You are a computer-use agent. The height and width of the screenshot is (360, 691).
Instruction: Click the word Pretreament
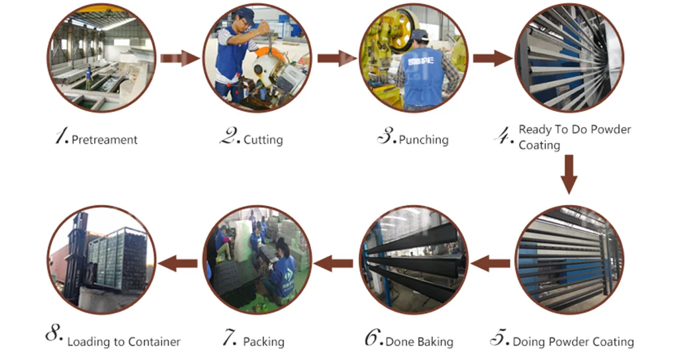tap(105, 140)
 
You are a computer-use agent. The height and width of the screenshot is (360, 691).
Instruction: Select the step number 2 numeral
tap(229, 137)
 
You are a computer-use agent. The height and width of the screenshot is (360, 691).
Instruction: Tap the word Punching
tap(424, 140)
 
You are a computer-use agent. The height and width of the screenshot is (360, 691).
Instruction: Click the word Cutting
tap(263, 140)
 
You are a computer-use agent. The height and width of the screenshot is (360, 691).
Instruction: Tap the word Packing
tap(263, 342)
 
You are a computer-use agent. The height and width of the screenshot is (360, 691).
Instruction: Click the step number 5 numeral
tap(499, 339)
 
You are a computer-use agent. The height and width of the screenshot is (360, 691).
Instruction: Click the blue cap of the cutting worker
tap(246, 15)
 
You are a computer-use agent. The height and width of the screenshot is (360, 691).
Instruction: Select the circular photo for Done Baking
tap(413, 259)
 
